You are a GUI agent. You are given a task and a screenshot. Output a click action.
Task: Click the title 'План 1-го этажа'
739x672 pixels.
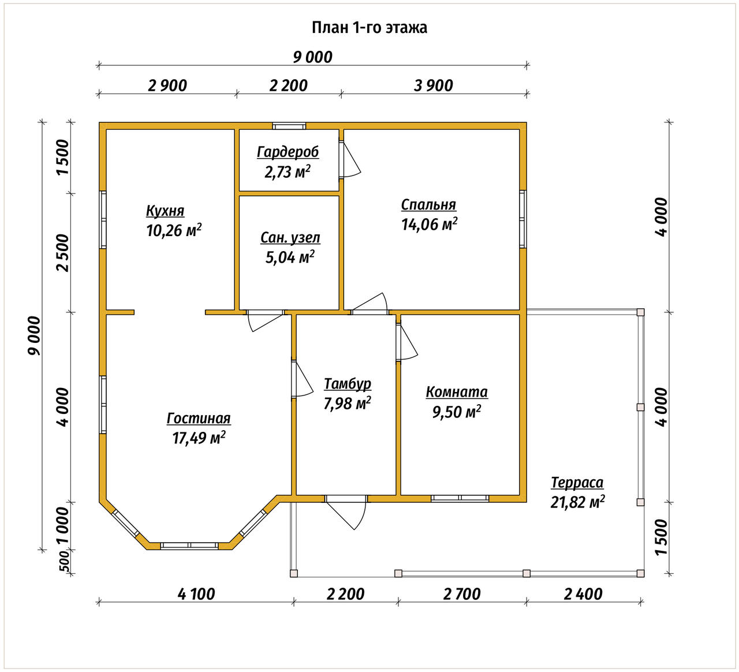369,28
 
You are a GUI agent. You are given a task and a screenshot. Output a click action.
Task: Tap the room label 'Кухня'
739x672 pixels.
165,211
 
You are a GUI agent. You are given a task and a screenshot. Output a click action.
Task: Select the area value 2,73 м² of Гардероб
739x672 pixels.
288,171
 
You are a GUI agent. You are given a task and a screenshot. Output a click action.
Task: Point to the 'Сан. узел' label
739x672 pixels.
290,238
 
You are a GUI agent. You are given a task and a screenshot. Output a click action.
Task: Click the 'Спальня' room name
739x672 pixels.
428,205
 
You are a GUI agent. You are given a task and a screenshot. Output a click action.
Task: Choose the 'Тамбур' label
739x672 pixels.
347,384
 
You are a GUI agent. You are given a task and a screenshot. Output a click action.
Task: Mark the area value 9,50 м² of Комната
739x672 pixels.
457,412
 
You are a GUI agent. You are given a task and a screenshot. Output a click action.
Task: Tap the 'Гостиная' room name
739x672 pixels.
199,419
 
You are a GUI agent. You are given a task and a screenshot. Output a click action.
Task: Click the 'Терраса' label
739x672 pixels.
577,483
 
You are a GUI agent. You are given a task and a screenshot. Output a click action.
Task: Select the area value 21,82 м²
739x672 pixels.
577,502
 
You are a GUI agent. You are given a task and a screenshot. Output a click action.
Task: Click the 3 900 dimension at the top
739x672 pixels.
434,85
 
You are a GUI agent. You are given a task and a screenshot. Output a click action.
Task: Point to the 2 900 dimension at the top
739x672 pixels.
167,85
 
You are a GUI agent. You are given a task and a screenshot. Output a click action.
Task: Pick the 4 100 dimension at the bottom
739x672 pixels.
196,593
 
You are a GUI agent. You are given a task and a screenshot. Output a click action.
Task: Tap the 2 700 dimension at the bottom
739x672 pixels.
462,593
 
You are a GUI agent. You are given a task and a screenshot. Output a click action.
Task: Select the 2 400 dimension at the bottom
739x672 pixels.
584,593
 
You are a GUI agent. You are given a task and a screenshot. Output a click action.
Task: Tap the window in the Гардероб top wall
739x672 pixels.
289,126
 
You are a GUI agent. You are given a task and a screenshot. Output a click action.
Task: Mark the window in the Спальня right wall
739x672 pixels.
522,219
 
